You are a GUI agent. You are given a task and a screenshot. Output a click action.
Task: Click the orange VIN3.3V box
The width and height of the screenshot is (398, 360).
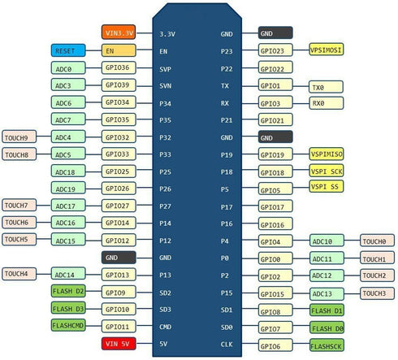click(119, 33)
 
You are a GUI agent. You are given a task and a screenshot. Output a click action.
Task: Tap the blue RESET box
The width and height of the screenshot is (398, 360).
click(68, 50)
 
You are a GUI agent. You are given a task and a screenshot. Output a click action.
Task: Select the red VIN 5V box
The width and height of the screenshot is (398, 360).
click(119, 344)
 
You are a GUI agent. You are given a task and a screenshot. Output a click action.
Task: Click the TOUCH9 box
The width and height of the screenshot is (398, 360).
click(19, 137)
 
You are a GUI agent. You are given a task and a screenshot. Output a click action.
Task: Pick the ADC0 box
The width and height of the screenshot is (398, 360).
click(68, 67)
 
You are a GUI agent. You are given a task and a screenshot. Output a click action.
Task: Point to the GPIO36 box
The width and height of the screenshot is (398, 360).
click(119, 67)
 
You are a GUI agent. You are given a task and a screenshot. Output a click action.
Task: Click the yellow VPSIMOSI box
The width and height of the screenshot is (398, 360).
click(327, 50)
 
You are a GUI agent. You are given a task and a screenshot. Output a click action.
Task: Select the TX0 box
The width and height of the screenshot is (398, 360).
click(326, 87)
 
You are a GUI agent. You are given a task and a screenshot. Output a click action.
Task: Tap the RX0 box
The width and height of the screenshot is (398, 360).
click(326, 103)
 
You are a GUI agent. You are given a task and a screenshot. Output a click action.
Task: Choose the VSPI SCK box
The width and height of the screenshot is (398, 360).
click(327, 171)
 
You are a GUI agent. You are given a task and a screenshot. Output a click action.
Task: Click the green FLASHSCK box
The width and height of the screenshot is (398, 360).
click(327, 345)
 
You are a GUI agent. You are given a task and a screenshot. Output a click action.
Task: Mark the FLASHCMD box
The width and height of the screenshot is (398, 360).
click(68, 325)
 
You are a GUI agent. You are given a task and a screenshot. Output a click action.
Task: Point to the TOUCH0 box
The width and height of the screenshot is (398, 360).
click(377, 241)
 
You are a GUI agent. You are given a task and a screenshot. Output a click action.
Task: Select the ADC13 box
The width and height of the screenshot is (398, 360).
click(327, 293)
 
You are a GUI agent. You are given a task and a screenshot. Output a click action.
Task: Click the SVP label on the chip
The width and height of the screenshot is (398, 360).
click(165, 69)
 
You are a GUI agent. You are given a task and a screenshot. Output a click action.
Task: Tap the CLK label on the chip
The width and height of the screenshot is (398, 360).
click(227, 345)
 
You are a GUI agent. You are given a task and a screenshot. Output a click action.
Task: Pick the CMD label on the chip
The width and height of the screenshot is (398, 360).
click(165, 327)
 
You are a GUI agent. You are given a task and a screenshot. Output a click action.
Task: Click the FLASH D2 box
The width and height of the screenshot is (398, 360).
click(68, 291)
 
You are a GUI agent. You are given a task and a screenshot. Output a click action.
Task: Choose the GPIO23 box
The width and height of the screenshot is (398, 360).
click(275, 50)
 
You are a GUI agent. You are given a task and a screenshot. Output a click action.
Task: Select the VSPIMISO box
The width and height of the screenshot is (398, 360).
click(327, 154)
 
